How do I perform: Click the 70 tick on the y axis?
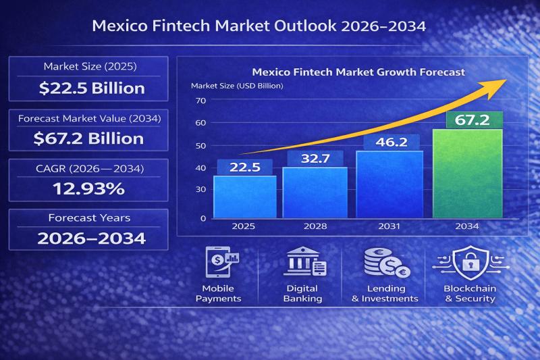[200, 101]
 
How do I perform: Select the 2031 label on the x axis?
[389, 226]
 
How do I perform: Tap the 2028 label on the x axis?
[315, 226]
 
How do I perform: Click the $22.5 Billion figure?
[92, 88]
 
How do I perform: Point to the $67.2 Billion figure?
[88, 138]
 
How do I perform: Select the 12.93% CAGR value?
[88, 189]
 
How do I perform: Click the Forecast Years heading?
[89, 218]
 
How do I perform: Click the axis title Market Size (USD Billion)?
[237, 86]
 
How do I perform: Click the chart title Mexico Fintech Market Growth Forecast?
[358, 72]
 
